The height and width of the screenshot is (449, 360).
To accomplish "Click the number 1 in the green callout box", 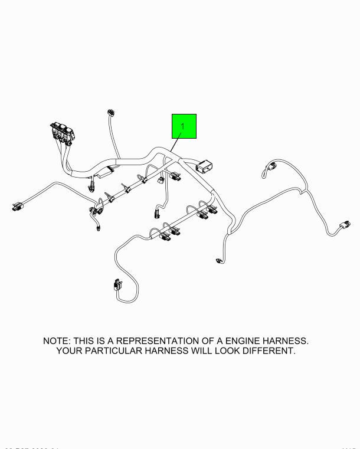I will (183, 126).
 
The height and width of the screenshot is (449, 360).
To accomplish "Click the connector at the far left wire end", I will (16, 207).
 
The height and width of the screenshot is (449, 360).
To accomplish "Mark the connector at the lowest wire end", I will (116, 286).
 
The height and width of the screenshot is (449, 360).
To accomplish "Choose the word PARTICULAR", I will (119, 351).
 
